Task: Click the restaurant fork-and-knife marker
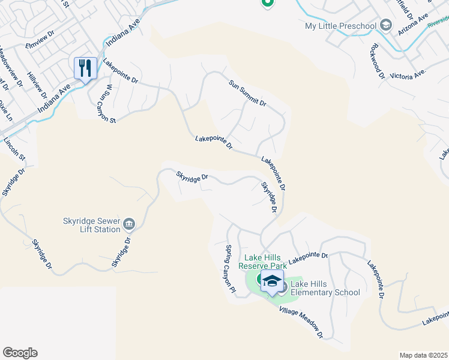(85, 68)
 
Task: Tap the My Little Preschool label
(340, 26)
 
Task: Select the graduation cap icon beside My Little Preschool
(385, 25)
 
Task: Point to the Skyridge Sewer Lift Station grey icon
(129, 225)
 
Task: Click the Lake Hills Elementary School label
(325, 288)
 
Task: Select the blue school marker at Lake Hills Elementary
(272, 281)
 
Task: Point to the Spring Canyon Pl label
(229, 269)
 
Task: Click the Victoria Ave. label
(408, 74)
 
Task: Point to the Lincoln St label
(15, 150)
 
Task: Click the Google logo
(20, 353)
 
